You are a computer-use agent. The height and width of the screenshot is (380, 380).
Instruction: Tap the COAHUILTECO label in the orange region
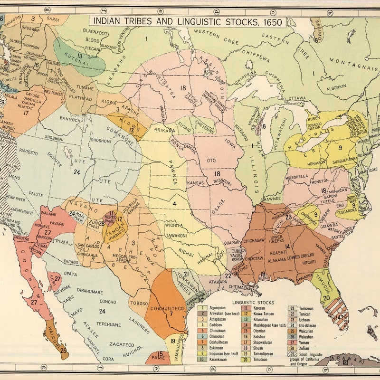[x=167, y=308]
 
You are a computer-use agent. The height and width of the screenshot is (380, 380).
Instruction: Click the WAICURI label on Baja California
[x=57, y=339]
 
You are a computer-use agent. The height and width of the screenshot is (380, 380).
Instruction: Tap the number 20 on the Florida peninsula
[x=326, y=298]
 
